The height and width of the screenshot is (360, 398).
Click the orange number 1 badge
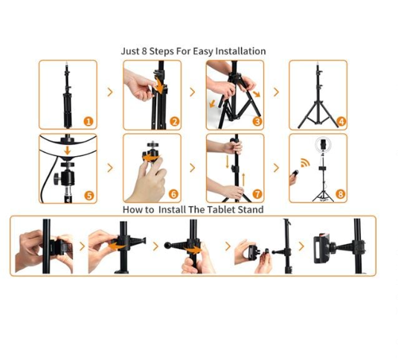coord(89,121)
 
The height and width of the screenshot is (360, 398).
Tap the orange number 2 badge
coord(174,121)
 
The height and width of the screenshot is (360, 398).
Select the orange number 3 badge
coord(257,121)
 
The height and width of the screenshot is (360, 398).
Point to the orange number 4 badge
coord(340,121)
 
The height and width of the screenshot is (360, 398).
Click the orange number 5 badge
coord(89,196)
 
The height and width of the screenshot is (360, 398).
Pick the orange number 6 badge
coord(174,195)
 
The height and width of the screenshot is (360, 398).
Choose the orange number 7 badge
coord(257,195)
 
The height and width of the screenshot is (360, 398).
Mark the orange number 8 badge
coord(340,195)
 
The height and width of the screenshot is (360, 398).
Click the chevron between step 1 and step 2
coord(110,92)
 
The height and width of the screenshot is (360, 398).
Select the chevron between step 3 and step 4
coord(277,92)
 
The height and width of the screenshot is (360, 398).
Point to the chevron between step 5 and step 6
coord(110,167)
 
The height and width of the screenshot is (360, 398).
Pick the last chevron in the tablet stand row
coord(302,246)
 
